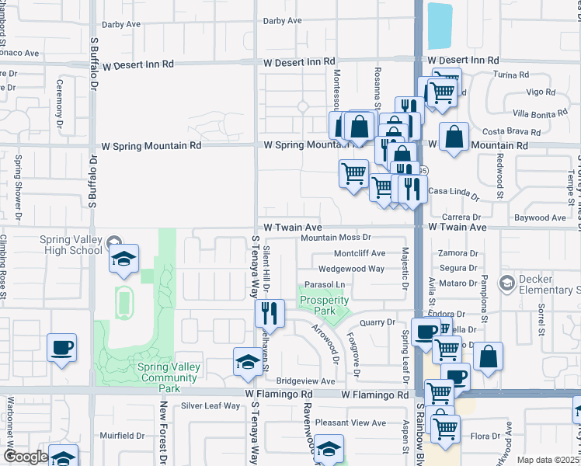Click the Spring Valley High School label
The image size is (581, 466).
point(71,244)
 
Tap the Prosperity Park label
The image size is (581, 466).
point(324,305)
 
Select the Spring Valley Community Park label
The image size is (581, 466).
point(169,377)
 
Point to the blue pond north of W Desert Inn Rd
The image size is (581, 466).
point(440,26)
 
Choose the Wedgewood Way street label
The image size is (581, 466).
point(351,269)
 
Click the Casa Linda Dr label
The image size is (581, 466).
point(454,191)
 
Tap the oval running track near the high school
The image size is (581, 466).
point(124,302)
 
